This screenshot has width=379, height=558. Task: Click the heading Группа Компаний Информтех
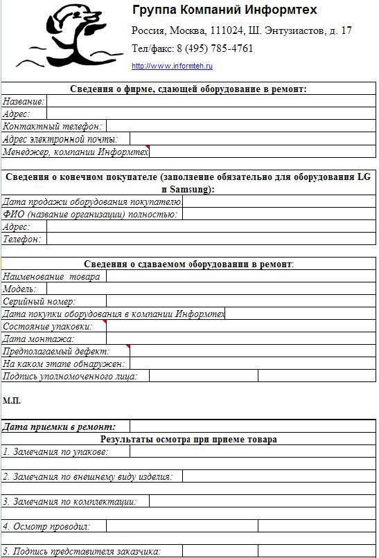(224, 10)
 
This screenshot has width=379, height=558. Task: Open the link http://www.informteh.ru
(172, 66)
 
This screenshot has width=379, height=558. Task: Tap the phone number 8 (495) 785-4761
(215, 48)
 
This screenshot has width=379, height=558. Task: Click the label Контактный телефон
(53, 126)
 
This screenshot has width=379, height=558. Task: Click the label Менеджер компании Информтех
(75, 151)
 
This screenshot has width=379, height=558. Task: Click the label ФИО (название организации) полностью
(89, 215)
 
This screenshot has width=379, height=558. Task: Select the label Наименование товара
(51, 276)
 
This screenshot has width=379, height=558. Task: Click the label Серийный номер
(39, 301)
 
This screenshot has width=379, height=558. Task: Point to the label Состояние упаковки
(47, 326)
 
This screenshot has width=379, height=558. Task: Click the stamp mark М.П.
(12, 400)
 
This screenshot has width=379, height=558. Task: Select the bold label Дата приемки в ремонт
(59, 427)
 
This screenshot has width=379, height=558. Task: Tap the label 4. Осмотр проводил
(46, 527)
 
